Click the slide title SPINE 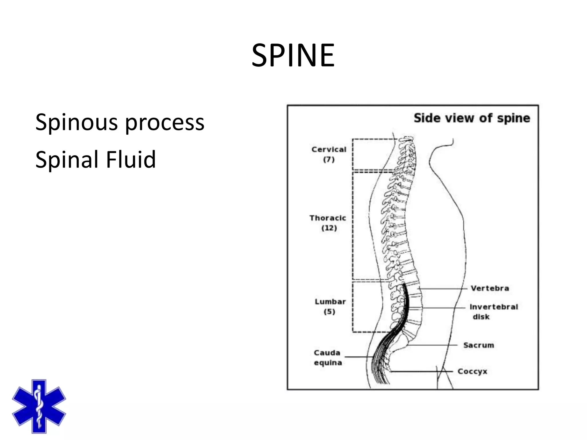293,55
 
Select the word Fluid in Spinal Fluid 131,159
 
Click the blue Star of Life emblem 39,406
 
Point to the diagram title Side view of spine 472,118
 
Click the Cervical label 329,150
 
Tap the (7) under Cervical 329,160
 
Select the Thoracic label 328,218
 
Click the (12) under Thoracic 329,228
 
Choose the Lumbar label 330,302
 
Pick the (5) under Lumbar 329,312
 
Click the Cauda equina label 328,358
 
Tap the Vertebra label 490,288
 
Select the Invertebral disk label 494,311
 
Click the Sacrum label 478,345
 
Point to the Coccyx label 472,372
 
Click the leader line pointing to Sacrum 433,345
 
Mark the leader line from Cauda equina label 358,357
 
